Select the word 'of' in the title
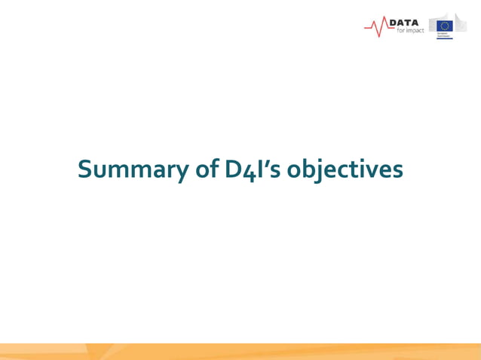click(x=207, y=170)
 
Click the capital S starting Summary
click(x=84, y=170)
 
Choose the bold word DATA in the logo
click(x=403, y=23)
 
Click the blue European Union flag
click(x=445, y=25)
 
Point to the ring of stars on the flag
click(x=445, y=25)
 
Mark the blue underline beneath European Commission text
click(x=445, y=38)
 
